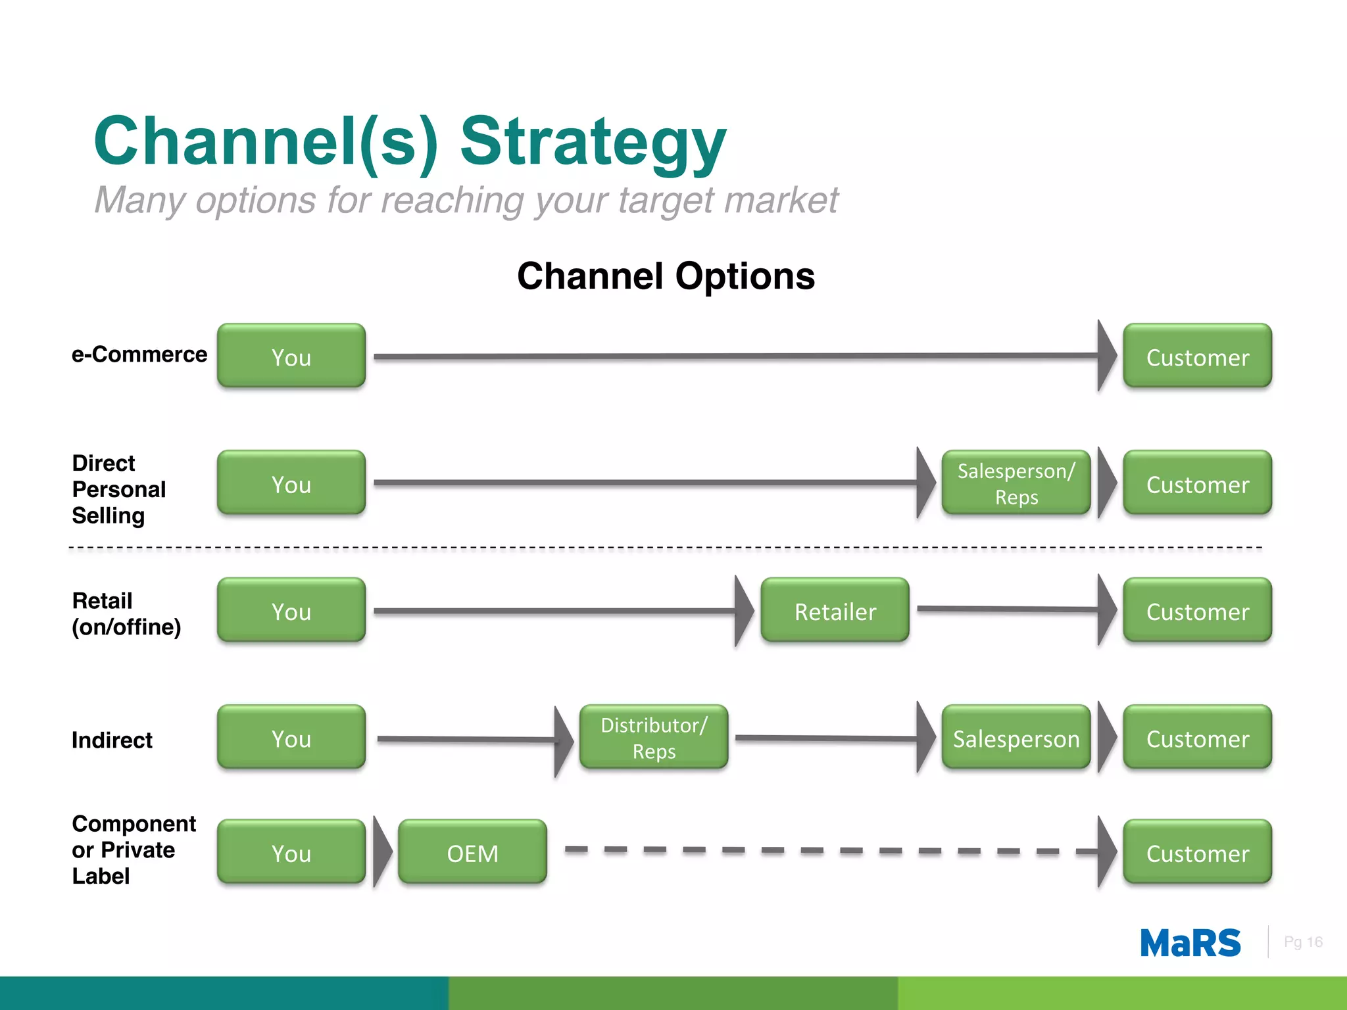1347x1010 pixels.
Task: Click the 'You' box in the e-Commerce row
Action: coord(291,356)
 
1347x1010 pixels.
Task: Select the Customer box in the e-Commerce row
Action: coord(1197,356)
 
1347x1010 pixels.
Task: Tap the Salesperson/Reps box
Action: coord(1016,483)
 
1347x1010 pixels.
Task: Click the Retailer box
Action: coord(835,610)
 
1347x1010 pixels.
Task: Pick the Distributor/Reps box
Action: coord(654,737)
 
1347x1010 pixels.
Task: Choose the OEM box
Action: coord(472,852)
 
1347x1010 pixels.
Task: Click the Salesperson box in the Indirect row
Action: coord(1016,737)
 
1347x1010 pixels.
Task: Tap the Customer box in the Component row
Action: coord(1197,852)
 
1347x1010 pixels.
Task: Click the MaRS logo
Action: coord(1190,943)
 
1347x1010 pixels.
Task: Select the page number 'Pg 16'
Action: coord(1303,942)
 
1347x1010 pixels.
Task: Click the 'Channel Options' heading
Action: coord(666,276)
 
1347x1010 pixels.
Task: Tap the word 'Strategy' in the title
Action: coord(593,141)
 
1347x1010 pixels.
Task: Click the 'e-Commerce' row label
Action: coord(139,354)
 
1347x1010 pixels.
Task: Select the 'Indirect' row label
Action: coord(112,740)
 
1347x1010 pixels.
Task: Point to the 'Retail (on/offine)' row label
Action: coord(126,613)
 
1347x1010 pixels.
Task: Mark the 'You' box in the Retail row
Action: coord(291,610)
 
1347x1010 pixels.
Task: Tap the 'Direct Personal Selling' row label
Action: coord(118,489)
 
